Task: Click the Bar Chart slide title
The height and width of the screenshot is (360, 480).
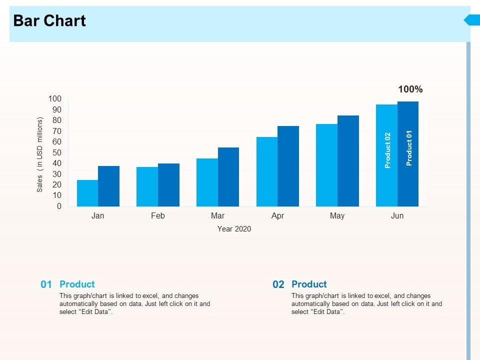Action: click(49, 21)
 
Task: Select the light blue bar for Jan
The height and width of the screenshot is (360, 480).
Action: click(87, 193)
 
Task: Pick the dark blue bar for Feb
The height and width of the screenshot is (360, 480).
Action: click(168, 185)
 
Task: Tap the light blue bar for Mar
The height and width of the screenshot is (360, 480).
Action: click(207, 182)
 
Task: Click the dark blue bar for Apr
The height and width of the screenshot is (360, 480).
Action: click(288, 166)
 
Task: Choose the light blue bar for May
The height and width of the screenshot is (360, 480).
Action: click(326, 165)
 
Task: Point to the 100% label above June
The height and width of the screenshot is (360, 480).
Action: click(410, 89)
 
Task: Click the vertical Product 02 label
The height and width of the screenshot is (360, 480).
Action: click(387, 150)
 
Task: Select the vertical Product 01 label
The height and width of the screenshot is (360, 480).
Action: click(409, 148)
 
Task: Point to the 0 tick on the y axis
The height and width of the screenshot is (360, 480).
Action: click(59, 206)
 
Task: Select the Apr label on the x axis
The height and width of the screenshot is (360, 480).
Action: click(277, 216)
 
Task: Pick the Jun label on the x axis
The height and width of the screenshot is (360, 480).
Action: click(397, 216)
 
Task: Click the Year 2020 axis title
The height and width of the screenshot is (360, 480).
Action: click(234, 229)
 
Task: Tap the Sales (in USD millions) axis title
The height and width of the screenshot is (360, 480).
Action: click(40, 155)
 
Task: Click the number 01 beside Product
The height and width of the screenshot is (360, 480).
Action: click(46, 284)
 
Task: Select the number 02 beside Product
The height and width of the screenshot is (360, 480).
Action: click(278, 284)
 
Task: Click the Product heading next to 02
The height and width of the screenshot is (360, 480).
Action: click(309, 284)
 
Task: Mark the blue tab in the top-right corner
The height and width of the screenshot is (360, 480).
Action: click(471, 20)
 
